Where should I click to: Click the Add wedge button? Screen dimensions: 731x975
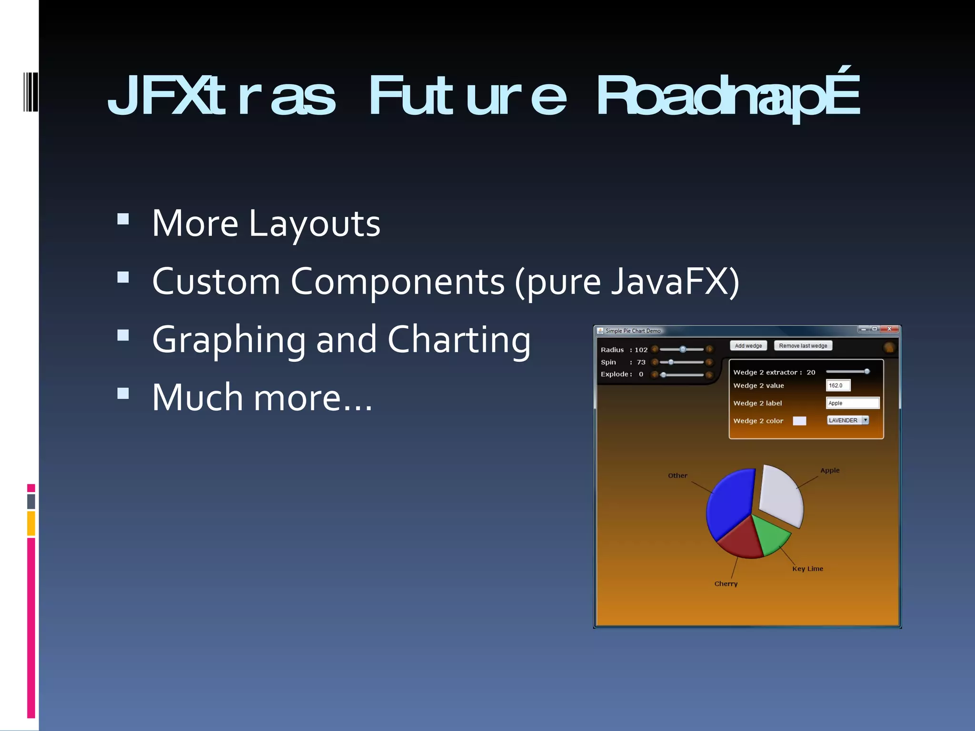point(748,346)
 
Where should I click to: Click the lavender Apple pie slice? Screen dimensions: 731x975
point(781,495)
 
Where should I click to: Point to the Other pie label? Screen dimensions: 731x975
point(677,475)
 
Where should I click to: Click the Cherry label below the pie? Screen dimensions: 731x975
point(726,584)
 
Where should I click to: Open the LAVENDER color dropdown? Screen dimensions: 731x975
point(865,420)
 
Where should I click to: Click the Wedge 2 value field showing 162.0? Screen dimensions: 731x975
point(838,385)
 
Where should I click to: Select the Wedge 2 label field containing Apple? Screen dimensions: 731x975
point(852,403)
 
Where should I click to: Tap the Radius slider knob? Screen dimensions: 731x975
point(683,349)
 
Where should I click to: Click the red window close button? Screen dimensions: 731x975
point(889,329)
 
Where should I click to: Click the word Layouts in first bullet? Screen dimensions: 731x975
point(315,224)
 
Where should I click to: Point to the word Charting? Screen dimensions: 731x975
point(459,340)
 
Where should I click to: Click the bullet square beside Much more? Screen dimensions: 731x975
point(123,393)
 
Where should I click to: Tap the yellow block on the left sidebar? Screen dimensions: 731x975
point(31,524)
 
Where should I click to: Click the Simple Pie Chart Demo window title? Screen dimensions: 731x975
point(633,331)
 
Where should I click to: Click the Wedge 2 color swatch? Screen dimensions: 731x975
point(799,421)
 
